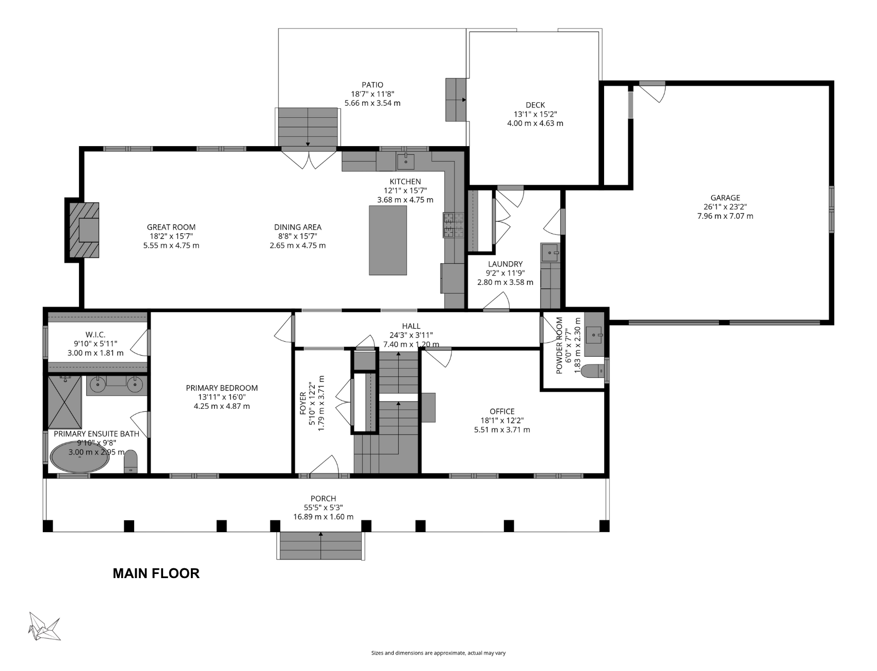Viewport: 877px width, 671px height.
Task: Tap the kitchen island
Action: click(x=388, y=240)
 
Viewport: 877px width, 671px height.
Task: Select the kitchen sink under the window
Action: click(x=405, y=161)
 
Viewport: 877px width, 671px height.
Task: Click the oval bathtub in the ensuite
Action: click(x=79, y=456)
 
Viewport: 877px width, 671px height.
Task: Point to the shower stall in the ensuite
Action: click(x=65, y=403)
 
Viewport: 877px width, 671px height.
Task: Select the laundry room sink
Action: click(x=550, y=253)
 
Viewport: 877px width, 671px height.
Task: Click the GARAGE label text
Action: click(x=725, y=198)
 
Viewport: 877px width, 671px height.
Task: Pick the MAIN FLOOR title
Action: click(x=156, y=573)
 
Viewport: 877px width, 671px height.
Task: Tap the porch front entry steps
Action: click(x=320, y=546)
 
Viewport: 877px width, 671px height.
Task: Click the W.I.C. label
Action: click(x=95, y=335)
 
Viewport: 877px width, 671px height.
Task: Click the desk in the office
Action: click(x=428, y=408)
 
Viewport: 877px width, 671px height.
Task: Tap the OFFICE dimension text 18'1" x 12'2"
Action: click(x=502, y=421)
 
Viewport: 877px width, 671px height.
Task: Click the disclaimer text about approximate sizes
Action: click(x=438, y=653)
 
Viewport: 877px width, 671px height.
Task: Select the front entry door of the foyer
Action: click(x=324, y=467)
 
